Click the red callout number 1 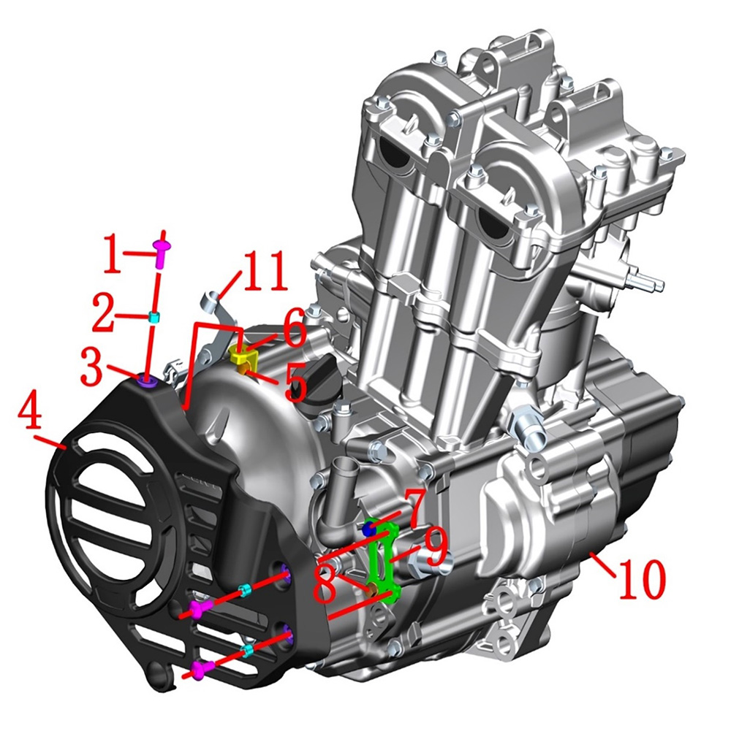point(113,253)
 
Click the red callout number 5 point(295,382)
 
